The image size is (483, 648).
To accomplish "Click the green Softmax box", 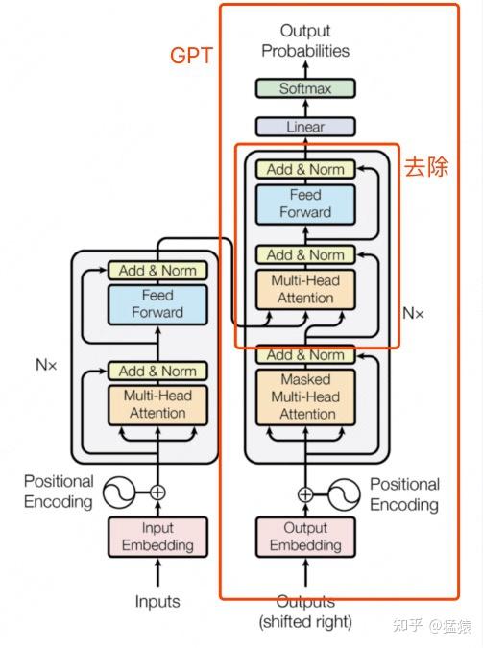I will (305, 88).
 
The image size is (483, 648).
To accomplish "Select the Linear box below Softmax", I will (305, 126).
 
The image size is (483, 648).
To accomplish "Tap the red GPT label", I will (191, 56).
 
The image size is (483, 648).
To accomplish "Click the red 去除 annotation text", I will (425, 166).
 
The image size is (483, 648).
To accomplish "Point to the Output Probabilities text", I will (305, 40).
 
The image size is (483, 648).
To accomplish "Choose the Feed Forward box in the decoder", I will (305, 204).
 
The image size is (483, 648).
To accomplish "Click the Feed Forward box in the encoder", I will (157, 303).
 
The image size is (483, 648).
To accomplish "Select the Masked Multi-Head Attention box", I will (305, 396).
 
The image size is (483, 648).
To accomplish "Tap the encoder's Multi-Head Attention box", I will (157, 404).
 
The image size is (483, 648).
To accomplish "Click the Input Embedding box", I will (157, 537).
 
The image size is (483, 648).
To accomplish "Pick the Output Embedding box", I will (305, 537).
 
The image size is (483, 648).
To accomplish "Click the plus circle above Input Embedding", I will (157, 492).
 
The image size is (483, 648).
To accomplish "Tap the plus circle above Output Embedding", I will (305, 494).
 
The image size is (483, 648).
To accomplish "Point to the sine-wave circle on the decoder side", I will (344, 494).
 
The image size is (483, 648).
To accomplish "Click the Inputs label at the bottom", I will (157, 602).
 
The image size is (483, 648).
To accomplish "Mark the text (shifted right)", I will (305, 621).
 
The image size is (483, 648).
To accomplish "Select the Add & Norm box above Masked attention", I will (305, 355).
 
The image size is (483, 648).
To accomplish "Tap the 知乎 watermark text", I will (403, 625).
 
